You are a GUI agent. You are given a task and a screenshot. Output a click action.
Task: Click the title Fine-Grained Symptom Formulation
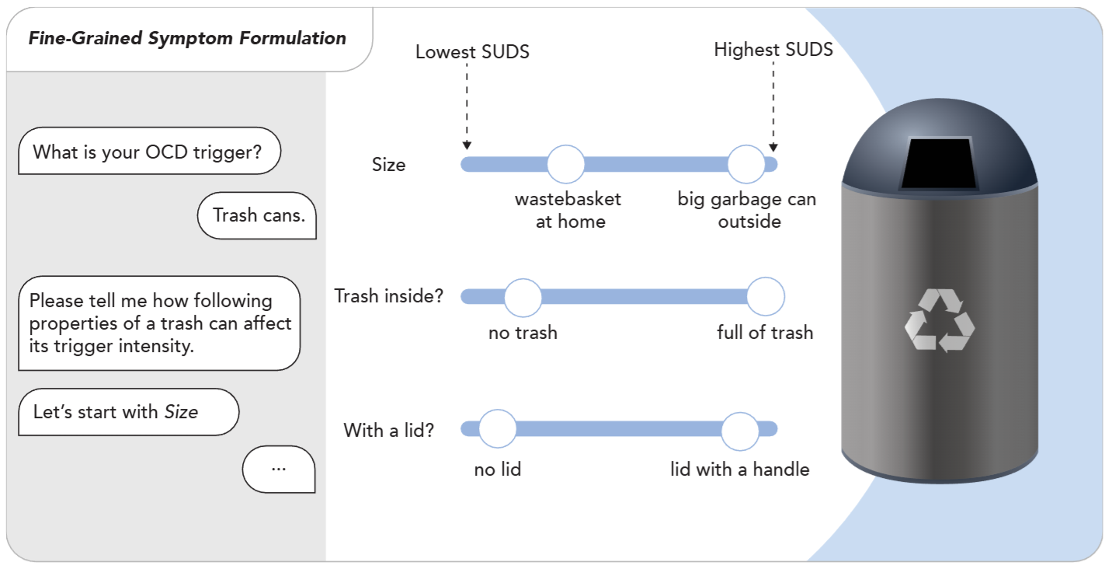[187, 38]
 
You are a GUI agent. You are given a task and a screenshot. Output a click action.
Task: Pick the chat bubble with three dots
[279, 469]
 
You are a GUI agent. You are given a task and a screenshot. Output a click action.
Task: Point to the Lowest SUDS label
[472, 52]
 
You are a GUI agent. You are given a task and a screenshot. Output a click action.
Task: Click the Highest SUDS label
[773, 50]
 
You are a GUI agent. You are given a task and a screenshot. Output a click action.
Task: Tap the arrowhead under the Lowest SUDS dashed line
[467, 145]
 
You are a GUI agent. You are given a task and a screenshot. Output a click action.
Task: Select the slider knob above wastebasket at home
[566, 164]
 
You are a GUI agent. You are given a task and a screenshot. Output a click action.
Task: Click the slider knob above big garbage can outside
[746, 164]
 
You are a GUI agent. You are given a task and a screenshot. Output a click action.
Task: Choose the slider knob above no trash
[523, 296]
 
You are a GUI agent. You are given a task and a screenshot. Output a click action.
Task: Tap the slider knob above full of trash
[766, 296]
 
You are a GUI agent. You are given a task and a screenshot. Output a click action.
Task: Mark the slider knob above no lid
[497, 428]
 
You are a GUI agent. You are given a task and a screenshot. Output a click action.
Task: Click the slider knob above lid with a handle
[740, 428]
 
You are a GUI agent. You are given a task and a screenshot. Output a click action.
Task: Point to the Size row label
[388, 165]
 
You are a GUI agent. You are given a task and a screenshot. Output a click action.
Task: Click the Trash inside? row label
[388, 296]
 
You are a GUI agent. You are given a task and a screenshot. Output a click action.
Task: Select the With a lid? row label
[388, 430]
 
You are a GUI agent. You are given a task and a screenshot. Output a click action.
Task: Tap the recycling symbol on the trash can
[939, 319]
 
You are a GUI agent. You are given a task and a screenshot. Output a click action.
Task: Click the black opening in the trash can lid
[939, 164]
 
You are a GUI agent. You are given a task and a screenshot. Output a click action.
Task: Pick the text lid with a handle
[739, 470]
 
